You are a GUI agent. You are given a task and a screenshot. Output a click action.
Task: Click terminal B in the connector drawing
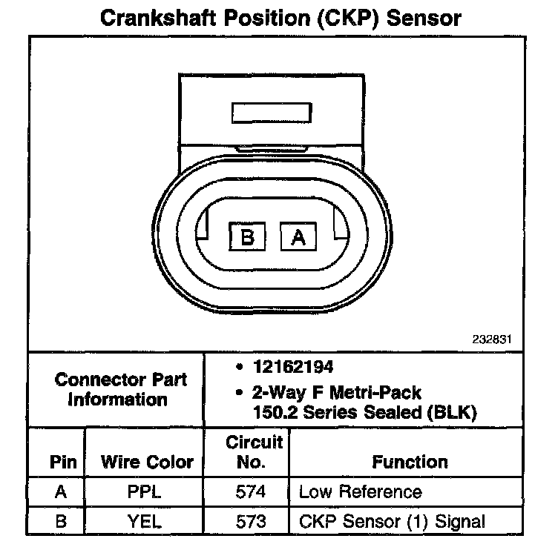pyautogui.click(x=248, y=237)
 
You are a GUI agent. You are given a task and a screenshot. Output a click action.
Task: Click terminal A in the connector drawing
pyautogui.click(x=298, y=237)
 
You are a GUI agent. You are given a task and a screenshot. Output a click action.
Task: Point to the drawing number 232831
pyautogui.click(x=492, y=340)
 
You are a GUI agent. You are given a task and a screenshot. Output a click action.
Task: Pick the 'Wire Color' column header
pyautogui.click(x=147, y=463)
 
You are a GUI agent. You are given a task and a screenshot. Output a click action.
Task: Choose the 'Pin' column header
pyautogui.click(x=63, y=463)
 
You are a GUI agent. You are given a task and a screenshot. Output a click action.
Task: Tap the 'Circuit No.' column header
pyautogui.click(x=255, y=452)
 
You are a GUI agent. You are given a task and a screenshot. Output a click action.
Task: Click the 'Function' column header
pyautogui.click(x=410, y=463)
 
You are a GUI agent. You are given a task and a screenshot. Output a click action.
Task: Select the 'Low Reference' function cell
pyautogui.click(x=360, y=492)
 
